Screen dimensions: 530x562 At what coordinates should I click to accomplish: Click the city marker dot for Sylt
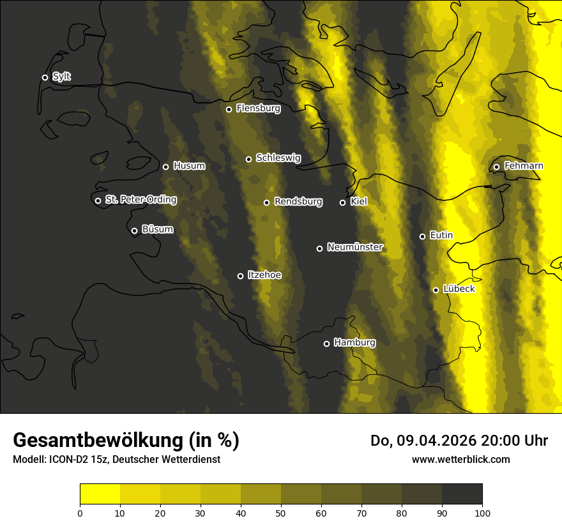pos(45,77)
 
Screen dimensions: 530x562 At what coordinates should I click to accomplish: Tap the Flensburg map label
pos(258,109)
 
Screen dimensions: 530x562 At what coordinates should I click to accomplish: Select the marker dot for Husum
pos(165,167)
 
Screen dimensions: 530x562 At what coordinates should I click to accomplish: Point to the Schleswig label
pos(278,158)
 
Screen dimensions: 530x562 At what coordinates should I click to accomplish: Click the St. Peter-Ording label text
pos(140,200)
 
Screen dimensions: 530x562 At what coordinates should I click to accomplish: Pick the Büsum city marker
pos(134,231)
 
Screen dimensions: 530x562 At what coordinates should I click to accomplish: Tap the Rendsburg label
pos(298,202)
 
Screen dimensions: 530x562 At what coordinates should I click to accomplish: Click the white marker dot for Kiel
pos(342,202)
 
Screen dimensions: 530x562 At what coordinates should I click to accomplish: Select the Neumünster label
pos(354,247)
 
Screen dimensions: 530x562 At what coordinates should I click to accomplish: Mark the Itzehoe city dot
pos(240,276)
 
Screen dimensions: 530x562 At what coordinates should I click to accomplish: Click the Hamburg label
pos(354,343)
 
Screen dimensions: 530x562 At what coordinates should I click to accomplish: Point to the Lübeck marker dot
pos(436,290)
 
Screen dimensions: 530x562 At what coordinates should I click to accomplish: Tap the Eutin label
pos(441,236)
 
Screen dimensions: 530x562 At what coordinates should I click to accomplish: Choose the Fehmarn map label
pos(524,166)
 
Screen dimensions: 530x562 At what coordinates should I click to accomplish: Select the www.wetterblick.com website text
pos(460,459)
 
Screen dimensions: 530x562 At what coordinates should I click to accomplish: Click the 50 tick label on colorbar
pos(281,512)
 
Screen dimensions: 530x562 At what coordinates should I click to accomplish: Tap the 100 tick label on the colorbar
pos(482,512)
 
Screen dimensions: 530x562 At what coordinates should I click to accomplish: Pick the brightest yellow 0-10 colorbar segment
pos(100,494)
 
